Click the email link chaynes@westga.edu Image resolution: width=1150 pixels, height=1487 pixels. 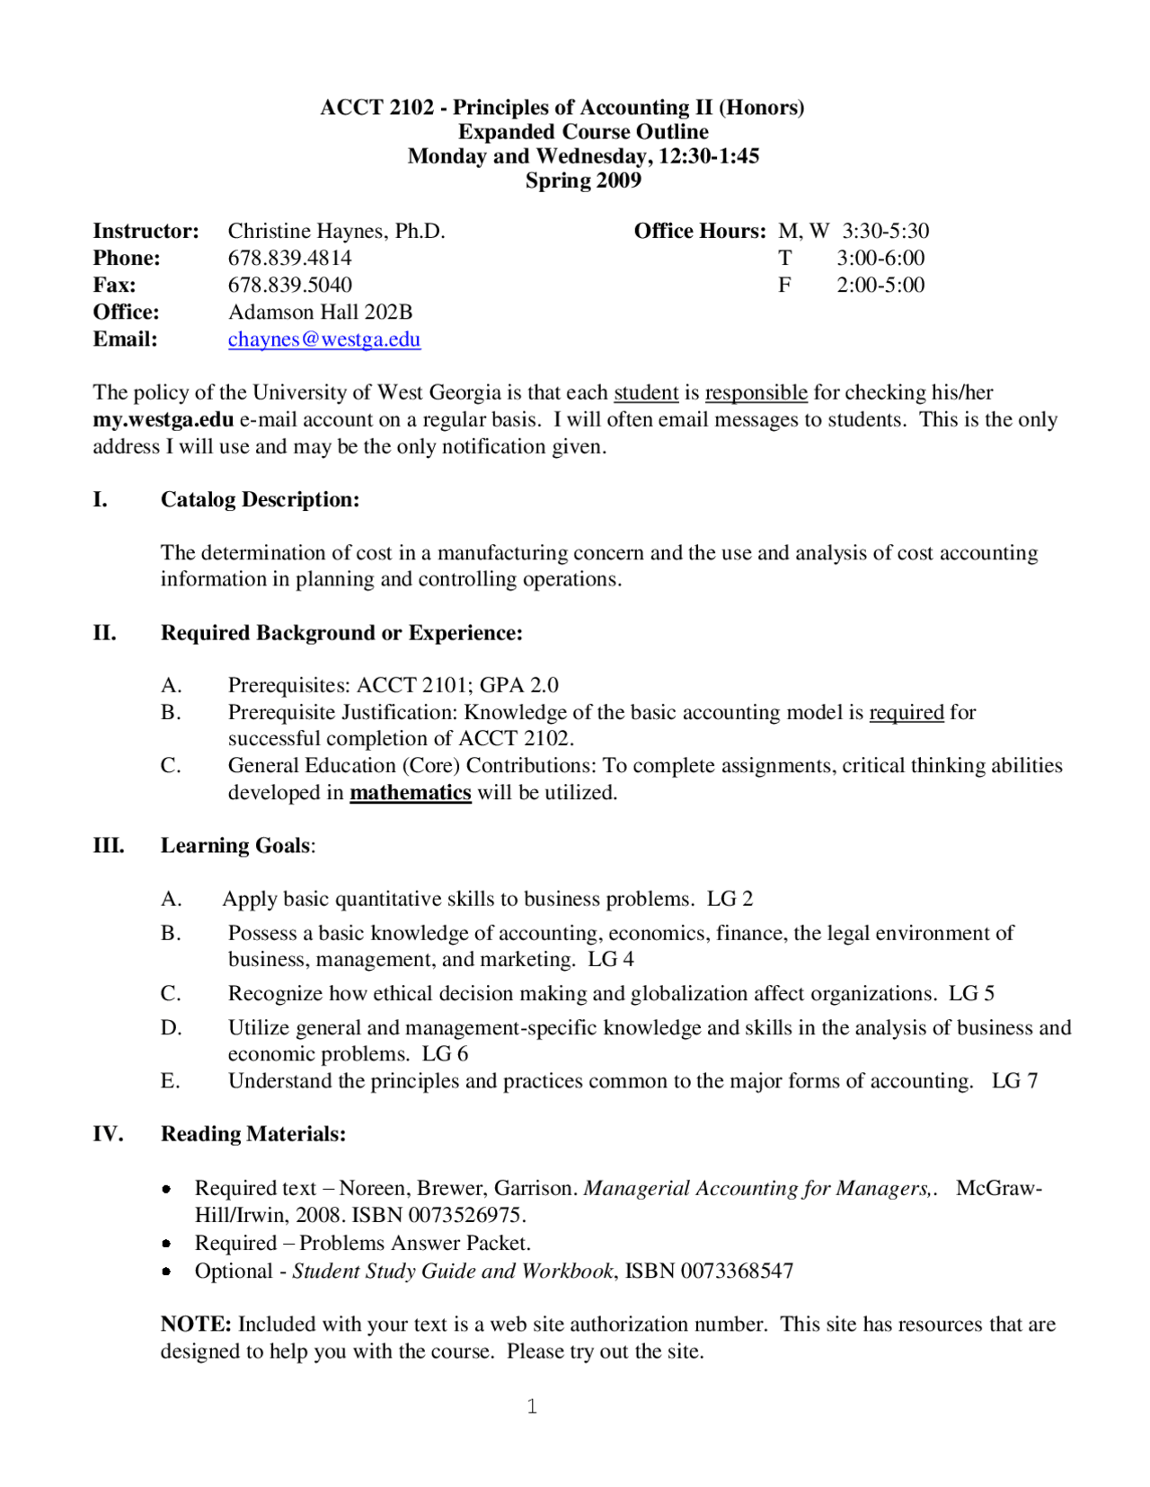point(323,339)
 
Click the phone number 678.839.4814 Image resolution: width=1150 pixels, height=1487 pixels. point(289,259)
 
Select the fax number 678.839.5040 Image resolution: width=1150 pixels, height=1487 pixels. point(289,286)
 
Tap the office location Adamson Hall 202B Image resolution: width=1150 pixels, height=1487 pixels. point(320,312)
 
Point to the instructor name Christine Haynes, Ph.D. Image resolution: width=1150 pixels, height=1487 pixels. point(336,232)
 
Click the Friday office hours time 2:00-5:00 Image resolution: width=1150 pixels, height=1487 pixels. point(880,286)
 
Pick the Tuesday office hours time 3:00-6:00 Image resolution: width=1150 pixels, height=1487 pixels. point(880,259)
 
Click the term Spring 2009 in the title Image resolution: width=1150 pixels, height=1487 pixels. point(583,180)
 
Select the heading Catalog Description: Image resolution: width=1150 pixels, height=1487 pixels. point(260,499)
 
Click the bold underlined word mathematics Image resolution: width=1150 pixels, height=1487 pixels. point(410,793)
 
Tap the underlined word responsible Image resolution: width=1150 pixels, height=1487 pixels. point(756,393)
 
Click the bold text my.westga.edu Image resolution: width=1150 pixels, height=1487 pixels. point(163,420)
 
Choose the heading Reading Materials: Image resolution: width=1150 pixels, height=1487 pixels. point(252,1134)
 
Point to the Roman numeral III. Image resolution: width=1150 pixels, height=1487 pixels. point(109,846)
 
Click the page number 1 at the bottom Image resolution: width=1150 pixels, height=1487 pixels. point(532,1406)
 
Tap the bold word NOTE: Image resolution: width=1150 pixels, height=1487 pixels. point(196,1324)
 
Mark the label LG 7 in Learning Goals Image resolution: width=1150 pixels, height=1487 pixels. point(1014,1081)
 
